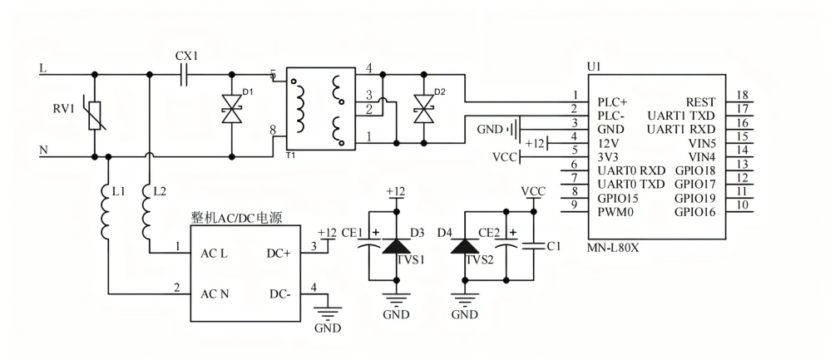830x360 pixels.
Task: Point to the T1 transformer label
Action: [x=290, y=155]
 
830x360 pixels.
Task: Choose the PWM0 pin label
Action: [x=615, y=211]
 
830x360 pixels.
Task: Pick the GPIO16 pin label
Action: [x=695, y=211]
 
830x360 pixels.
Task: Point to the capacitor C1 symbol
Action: [x=533, y=246]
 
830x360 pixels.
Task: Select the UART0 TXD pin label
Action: [x=631, y=184]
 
